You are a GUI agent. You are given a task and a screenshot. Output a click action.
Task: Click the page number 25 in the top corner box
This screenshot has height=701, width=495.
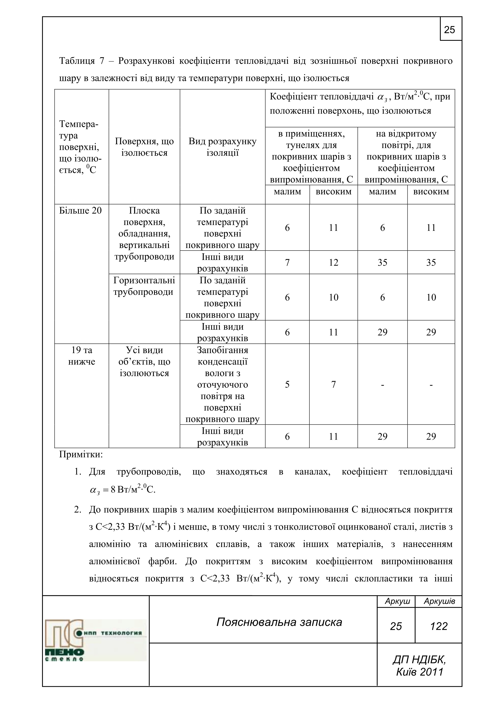pyautogui.click(x=449, y=30)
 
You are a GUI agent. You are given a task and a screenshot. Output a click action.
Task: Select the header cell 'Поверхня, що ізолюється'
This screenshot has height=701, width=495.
pyautogui.click(x=144, y=147)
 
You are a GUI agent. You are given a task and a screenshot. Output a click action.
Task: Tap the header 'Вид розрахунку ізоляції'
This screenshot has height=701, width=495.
pyautogui.click(x=222, y=147)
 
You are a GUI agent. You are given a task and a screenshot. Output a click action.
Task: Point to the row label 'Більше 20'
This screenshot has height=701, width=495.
pyautogui.click(x=80, y=211)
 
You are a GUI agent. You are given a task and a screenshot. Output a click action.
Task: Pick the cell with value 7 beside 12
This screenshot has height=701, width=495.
pyautogui.click(x=287, y=262)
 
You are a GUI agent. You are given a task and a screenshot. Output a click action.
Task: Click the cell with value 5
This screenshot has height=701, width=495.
pyautogui.click(x=287, y=384)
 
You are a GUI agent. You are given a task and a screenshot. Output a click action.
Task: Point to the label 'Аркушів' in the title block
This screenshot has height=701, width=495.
pyautogui.click(x=439, y=601)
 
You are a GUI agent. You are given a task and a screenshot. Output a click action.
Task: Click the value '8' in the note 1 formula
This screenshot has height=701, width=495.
pyautogui.click(x=113, y=490)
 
